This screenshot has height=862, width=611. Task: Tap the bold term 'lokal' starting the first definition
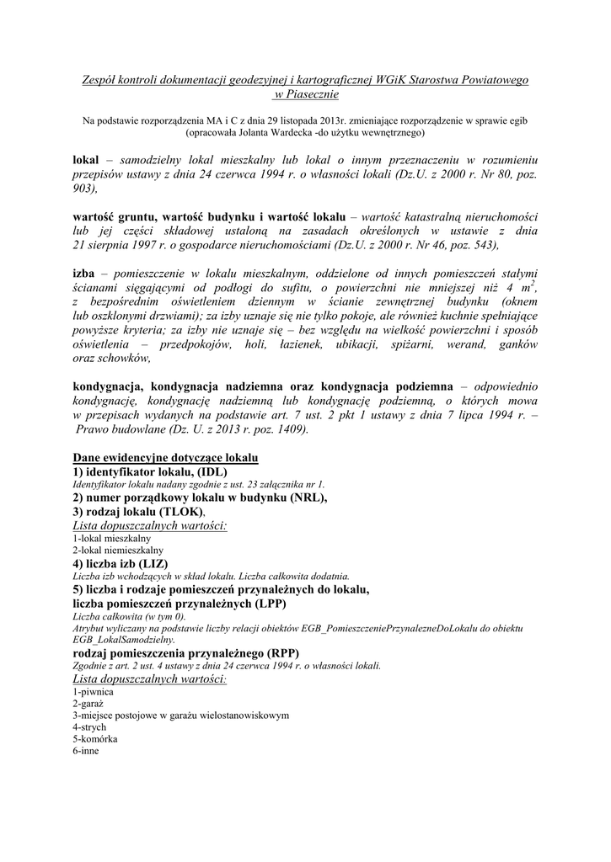tap(86, 158)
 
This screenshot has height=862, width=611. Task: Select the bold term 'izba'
tap(86, 274)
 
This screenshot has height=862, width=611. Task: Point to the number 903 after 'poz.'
tap(85, 191)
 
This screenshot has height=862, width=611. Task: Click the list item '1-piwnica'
tap(93, 691)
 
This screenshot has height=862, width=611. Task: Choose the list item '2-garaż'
tap(88, 703)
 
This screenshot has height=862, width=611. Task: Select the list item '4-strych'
tap(90, 726)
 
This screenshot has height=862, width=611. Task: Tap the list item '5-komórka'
tap(94, 738)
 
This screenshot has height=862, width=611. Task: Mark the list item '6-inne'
tap(86, 750)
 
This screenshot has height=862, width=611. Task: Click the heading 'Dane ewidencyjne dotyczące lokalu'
tap(165, 457)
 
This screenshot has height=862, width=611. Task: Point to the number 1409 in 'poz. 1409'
tap(288, 429)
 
